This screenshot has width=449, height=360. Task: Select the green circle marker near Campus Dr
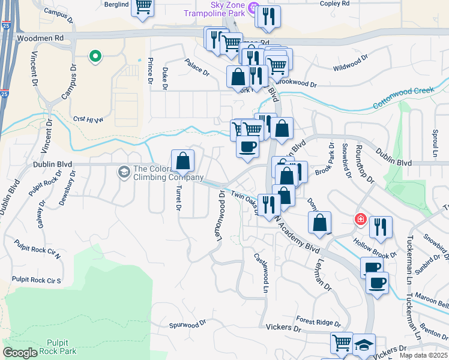pyautogui.click(x=94, y=57)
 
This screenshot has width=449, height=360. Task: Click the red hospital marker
pyautogui.click(x=360, y=219)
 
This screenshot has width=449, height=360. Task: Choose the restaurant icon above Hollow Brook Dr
pyautogui.click(x=381, y=227)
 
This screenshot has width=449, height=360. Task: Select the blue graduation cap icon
pyautogui.click(x=364, y=344)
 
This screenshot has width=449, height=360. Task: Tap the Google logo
pyautogui.click(x=20, y=353)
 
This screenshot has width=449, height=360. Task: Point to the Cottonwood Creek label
pyautogui.click(x=403, y=97)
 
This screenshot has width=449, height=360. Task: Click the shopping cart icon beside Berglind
pyautogui.click(x=143, y=7)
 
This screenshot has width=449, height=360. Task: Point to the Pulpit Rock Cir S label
pyautogui.click(x=37, y=280)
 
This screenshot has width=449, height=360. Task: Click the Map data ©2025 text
pyautogui.click(x=423, y=355)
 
